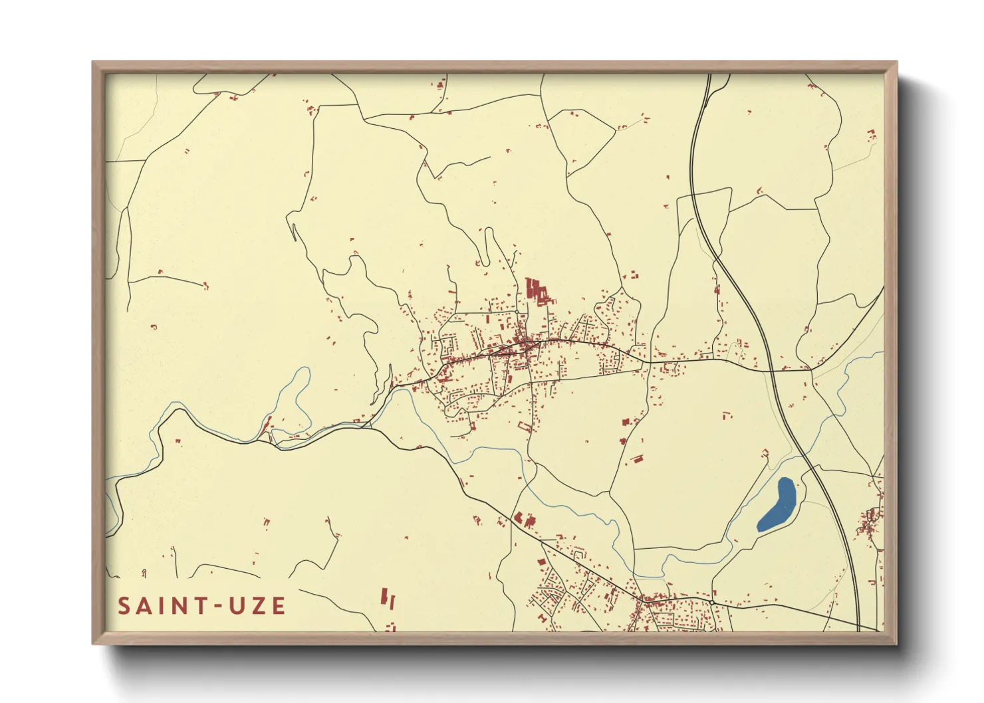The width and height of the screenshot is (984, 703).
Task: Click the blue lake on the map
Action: point(777,505)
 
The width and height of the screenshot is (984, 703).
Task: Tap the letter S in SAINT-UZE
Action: point(124,606)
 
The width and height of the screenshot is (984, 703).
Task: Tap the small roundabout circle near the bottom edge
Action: point(711,602)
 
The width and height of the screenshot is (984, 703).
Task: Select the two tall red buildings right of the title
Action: point(388,599)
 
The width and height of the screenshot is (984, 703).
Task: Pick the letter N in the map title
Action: point(180,606)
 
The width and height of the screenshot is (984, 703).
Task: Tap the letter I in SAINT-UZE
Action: point(162,606)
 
